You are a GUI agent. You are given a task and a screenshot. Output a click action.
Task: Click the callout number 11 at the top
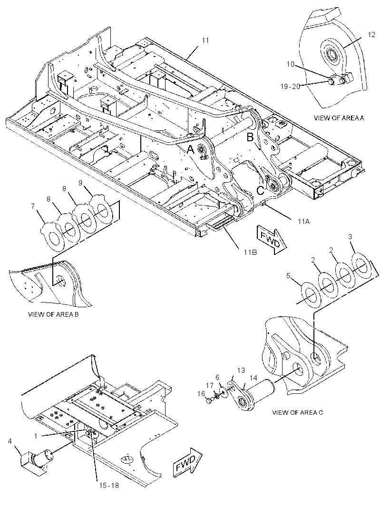(x=205, y=40)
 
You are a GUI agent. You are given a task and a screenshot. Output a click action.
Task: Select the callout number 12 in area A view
(x=372, y=35)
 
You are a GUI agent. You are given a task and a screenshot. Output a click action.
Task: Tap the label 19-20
(x=290, y=87)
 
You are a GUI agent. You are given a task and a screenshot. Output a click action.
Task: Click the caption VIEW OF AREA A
(x=339, y=117)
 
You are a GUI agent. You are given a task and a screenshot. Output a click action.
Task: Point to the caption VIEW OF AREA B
(x=53, y=314)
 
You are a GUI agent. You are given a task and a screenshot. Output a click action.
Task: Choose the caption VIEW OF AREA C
(x=298, y=412)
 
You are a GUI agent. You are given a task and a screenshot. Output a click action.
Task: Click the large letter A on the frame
(x=190, y=149)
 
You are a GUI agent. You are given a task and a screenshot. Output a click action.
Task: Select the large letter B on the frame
(x=250, y=137)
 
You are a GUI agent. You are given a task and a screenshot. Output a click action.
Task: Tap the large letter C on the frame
(x=260, y=191)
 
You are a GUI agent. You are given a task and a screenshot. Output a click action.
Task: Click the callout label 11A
(x=303, y=222)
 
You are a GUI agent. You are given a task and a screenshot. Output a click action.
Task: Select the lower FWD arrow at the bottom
(x=187, y=462)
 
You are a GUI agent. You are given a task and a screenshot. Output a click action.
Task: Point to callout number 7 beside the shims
(x=33, y=206)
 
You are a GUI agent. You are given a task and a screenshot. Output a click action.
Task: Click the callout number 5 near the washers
(x=288, y=276)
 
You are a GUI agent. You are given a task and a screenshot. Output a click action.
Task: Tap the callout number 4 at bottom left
(x=10, y=441)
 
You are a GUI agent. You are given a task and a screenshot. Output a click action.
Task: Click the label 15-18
(x=109, y=485)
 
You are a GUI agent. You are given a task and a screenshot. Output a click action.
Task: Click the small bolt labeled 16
(x=209, y=401)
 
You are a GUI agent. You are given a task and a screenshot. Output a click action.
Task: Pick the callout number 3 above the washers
(x=350, y=237)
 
